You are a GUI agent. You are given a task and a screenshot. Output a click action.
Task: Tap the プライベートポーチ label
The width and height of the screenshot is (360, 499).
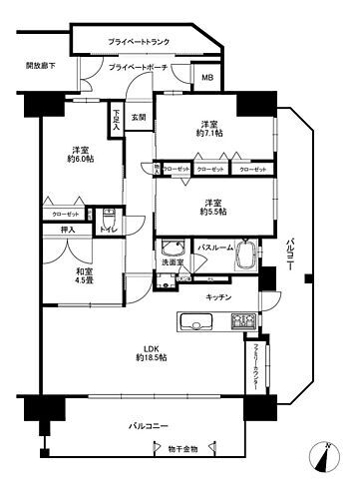(x=140, y=67)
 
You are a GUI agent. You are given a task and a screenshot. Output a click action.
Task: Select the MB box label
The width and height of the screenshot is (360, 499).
(x=207, y=78)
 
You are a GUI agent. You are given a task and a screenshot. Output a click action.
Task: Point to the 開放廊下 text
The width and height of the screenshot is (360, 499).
(x=40, y=66)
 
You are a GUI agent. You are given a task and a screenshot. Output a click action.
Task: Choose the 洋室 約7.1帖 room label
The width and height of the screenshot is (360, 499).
(x=208, y=128)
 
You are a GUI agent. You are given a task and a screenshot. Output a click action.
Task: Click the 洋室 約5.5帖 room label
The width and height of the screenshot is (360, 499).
(x=210, y=205)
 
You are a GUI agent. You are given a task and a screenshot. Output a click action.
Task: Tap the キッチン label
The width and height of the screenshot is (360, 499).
(x=219, y=297)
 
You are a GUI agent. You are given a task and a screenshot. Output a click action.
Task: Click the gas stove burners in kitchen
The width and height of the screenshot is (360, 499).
(x=243, y=321)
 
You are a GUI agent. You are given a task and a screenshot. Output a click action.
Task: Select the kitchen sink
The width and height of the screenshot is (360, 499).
(x=193, y=321)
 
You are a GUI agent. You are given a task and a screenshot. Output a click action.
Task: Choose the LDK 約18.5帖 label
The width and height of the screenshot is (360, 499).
(x=151, y=351)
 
